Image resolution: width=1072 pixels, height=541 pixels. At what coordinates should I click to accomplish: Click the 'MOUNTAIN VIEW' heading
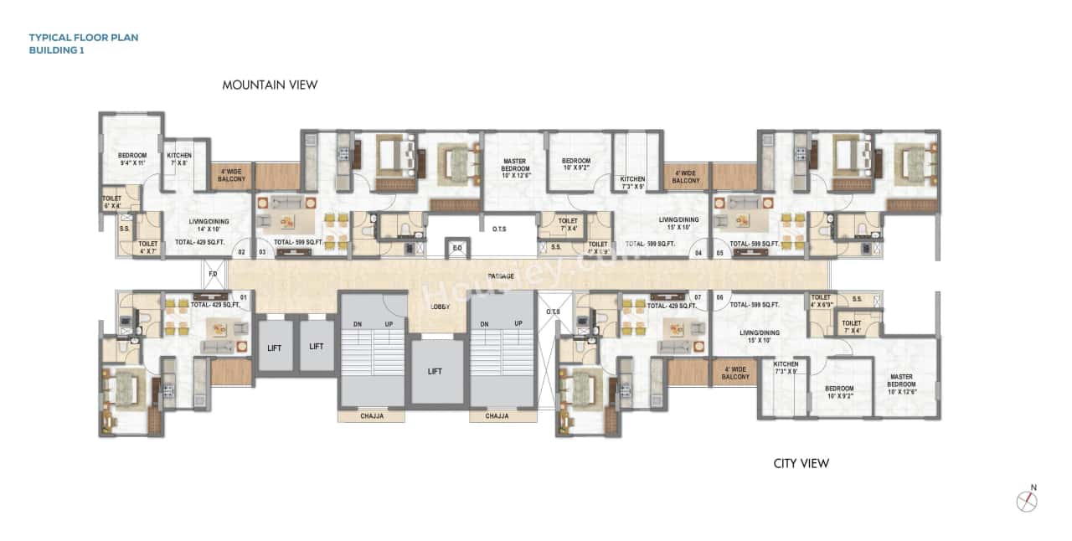[270, 85]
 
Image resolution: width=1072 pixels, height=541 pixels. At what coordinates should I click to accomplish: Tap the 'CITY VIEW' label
[801, 463]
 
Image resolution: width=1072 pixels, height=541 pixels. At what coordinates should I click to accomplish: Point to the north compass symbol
[1027, 500]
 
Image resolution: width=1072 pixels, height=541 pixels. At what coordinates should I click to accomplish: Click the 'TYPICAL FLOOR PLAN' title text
[84, 38]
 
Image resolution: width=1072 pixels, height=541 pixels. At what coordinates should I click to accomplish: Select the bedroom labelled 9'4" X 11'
[132, 159]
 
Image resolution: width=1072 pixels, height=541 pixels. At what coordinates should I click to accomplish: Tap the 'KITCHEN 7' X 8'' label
[179, 159]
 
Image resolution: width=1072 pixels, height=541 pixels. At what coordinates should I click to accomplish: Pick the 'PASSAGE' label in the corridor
[501, 276]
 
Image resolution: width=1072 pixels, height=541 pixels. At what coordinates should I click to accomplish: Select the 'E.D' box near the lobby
[456, 248]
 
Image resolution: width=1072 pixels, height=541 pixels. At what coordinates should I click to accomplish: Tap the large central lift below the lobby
[435, 371]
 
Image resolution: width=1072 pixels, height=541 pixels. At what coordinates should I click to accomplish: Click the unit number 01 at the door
[244, 296]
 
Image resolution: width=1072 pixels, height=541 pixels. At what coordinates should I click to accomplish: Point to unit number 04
[697, 251]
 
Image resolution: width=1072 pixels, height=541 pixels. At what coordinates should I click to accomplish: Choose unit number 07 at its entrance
[697, 296]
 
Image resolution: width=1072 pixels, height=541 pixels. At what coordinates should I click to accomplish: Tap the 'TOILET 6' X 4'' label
[111, 202]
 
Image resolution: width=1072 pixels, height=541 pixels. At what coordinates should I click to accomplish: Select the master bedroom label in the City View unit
[901, 382]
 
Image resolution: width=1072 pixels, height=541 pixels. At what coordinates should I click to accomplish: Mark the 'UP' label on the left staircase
[388, 323]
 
